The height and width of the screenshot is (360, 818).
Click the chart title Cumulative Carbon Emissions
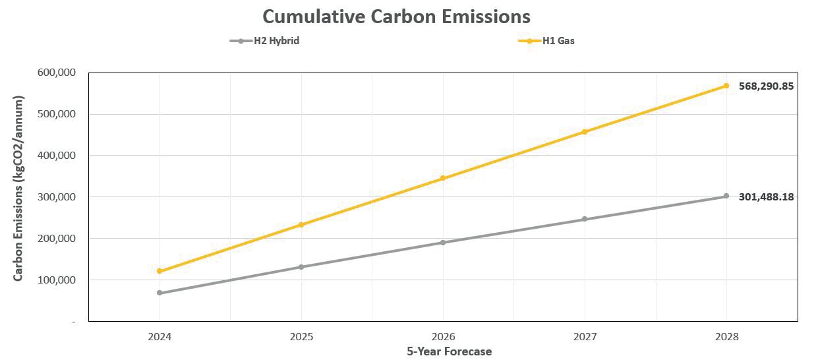pos(396,16)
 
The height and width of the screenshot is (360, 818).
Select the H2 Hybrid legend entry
pos(276,41)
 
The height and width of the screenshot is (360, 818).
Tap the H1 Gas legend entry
pos(558,41)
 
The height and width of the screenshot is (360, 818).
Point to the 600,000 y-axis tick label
pos(57,73)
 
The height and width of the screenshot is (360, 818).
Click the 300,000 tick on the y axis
pos(57,197)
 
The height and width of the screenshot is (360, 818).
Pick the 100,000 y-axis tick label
pos(57,280)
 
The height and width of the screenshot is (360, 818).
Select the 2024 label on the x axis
pos(160,336)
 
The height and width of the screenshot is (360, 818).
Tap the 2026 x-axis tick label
pos(443,336)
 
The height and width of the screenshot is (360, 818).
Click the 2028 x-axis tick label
pos(726,336)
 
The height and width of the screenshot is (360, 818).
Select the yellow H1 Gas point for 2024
pos(160,271)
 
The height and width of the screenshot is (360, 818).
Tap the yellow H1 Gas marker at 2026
pos(443,178)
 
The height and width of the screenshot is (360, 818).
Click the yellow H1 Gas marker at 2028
pos(726,86)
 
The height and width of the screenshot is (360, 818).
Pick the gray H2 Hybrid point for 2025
pos(301,267)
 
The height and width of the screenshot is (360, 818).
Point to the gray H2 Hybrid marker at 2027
pos(585,219)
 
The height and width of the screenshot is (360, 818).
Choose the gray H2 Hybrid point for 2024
pos(160,293)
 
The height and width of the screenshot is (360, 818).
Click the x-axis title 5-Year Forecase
pos(449,351)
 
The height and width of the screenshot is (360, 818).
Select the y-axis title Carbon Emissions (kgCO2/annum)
pos(19,189)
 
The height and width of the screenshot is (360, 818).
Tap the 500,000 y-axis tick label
pos(57,114)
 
